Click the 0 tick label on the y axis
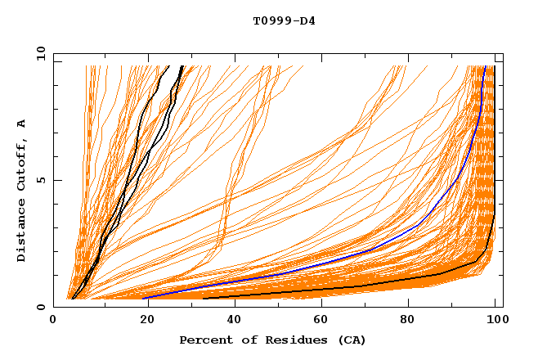(x=41, y=307)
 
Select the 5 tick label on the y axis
(x=41, y=180)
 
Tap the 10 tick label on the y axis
(x=38, y=52)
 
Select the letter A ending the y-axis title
(x=21, y=124)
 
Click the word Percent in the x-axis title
(x=203, y=340)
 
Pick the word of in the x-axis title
(x=244, y=340)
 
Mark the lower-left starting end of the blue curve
(x=144, y=298)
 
